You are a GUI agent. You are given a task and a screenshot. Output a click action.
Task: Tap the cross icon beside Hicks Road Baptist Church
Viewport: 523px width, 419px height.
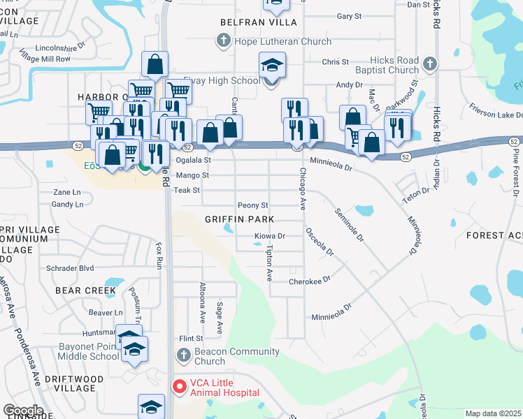click(x=430, y=64)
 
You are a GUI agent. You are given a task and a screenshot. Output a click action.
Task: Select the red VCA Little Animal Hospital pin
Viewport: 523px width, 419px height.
click(x=180, y=385)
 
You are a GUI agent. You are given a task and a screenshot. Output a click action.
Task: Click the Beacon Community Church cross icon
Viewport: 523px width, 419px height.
click(x=183, y=355)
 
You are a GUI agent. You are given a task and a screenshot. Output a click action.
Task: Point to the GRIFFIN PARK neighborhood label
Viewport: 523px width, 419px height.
click(x=234, y=219)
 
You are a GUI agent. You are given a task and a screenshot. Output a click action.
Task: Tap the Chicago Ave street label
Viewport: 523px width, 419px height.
click(x=303, y=189)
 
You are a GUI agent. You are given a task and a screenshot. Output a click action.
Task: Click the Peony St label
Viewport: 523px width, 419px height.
click(x=253, y=205)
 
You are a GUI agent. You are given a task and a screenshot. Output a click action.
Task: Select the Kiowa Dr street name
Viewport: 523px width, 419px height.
click(x=270, y=237)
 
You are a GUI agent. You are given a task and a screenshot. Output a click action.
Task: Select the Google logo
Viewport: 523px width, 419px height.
click(x=23, y=410)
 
